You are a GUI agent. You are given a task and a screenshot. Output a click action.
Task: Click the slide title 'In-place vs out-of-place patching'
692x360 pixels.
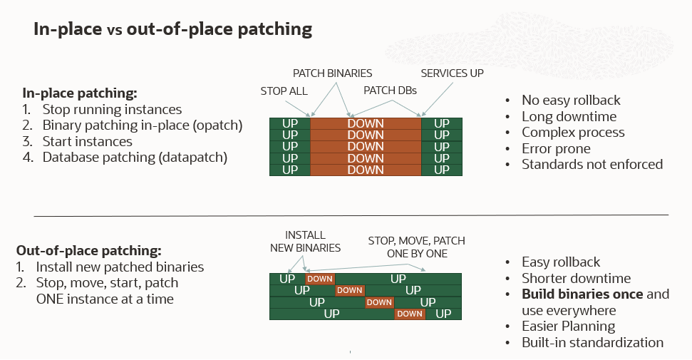(x=173, y=29)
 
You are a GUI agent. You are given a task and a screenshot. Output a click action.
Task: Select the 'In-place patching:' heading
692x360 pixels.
(x=80, y=93)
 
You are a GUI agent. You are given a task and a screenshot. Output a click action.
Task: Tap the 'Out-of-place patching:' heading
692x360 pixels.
(x=89, y=251)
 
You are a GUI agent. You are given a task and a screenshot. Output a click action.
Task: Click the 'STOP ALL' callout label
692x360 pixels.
(x=284, y=91)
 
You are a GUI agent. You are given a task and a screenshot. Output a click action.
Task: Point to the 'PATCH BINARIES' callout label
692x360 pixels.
(x=332, y=73)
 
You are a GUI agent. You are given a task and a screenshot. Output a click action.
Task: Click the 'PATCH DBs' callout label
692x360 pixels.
(x=390, y=91)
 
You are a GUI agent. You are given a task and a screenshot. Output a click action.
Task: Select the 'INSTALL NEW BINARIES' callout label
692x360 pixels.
(x=305, y=242)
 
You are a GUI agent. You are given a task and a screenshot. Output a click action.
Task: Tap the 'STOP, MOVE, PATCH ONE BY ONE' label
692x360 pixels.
(x=416, y=247)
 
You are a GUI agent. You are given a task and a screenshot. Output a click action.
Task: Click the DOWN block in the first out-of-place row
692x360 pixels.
(x=320, y=279)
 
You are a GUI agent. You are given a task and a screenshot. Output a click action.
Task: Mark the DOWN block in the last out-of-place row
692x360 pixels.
(x=410, y=314)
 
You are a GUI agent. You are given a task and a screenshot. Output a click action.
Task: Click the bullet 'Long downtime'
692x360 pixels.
(x=569, y=116)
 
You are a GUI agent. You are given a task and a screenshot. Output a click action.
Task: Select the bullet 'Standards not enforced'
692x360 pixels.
(x=592, y=164)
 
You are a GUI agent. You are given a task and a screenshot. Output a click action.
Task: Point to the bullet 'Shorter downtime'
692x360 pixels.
(x=576, y=278)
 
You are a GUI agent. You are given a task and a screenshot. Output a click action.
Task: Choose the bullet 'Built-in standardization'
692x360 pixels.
(x=592, y=342)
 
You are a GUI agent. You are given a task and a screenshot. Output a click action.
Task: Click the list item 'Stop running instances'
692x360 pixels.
(x=112, y=110)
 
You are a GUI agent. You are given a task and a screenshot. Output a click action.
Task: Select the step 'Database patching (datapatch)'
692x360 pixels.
(x=135, y=158)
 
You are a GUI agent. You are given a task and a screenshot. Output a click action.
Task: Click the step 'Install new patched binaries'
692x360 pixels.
(x=120, y=267)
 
